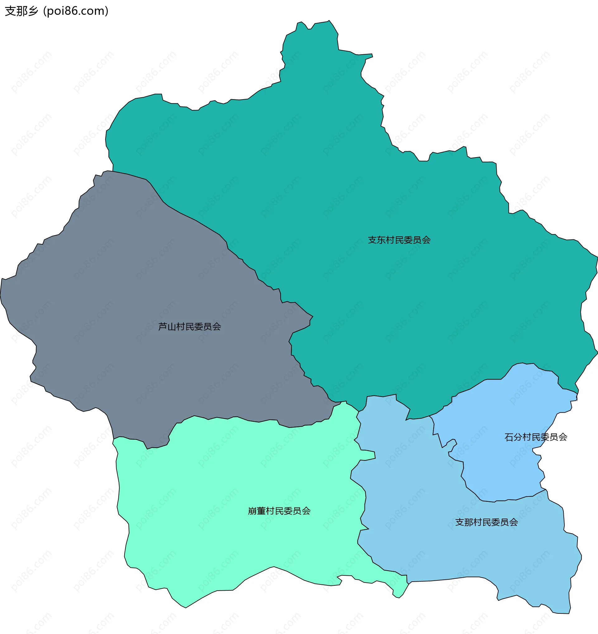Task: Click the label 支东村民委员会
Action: (x=399, y=240)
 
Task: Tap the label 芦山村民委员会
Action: (x=190, y=327)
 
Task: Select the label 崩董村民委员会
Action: (x=279, y=511)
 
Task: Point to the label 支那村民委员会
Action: (x=486, y=522)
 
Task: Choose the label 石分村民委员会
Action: (x=536, y=437)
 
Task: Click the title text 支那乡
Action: (x=21, y=11)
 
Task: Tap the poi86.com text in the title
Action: (x=76, y=11)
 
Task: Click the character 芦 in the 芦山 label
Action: (x=163, y=327)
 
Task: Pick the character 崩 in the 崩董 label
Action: (x=253, y=511)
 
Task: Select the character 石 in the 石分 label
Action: (x=509, y=437)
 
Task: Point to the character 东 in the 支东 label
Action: (x=381, y=240)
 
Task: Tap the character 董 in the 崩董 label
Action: (x=261, y=511)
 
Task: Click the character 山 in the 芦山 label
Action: (x=172, y=327)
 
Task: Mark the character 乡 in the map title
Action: (x=33, y=11)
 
